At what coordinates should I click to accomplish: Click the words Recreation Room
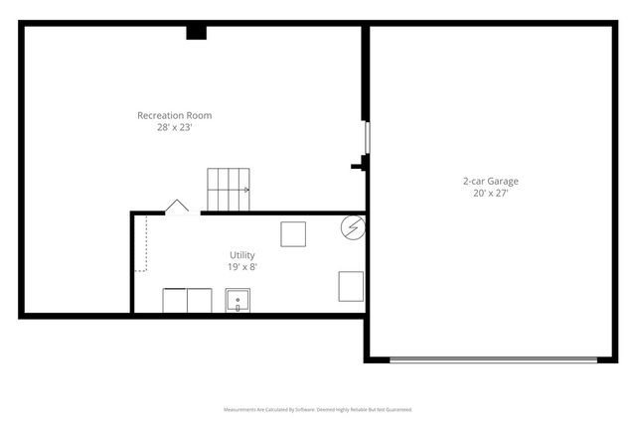[x=174, y=115]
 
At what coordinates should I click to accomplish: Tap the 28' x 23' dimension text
[x=174, y=127]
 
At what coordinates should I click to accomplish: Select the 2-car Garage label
[x=490, y=182]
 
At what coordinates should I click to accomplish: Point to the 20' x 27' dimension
[x=490, y=194]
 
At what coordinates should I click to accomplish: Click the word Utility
[x=242, y=255]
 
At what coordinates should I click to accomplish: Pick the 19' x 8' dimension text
[x=242, y=266]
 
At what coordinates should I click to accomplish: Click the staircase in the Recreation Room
[x=228, y=189]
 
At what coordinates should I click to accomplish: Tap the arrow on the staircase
[x=243, y=189]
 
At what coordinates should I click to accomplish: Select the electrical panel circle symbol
[x=352, y=227]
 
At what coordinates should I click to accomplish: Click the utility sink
[x=238, y=301]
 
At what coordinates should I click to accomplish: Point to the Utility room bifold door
[x=177, y=206]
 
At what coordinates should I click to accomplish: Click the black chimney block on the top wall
[x=196, y=32]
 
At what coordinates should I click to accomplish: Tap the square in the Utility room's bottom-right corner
[x=351, y=286]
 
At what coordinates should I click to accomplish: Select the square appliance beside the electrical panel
[x=293, y=234]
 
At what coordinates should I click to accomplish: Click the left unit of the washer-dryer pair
[x=175, y=301]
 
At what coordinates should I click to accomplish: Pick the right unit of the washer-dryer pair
[x=199, y=301]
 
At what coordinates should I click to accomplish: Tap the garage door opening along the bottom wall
[x=490, y=359]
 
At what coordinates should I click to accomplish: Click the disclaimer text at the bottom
[x=318, y=409]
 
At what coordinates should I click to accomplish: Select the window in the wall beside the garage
[x=367, y=137]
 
